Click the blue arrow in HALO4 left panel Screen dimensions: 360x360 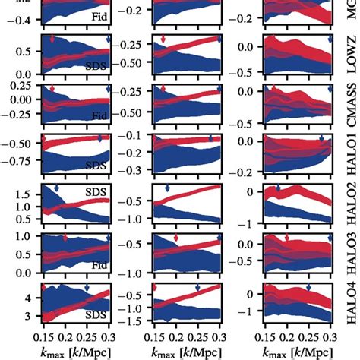[x=87, y=288]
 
